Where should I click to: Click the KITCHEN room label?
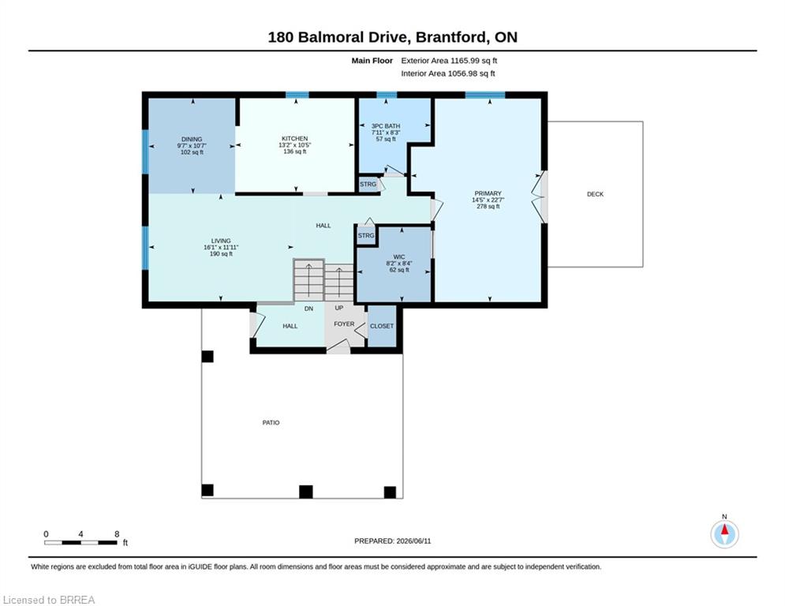pyautogui.click(x=294, y=139)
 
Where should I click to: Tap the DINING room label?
pyautogui.click(x=192, y=139)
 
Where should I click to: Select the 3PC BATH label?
pyautogui.click(x=386, y=126)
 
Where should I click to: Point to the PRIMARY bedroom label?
pyautogui.click(x=488, y=193)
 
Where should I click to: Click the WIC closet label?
pyautogui.click(x=399, y=257)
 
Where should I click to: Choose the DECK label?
pyautogui.click(x=595, y=194)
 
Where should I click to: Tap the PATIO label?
pyautogui.click(x=271, y=423)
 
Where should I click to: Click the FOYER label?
pyautogui.click(x=344, y=324)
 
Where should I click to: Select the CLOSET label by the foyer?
pyautogui.click(x=382, y=326)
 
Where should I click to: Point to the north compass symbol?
pyautogui.click(x=724, y=534)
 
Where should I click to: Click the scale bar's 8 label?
pyautogui.click(x=117, y=534)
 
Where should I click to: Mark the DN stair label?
pyautogui.click(x=308, y=309)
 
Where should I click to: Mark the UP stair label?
pyautogui.click(x=339, y=308)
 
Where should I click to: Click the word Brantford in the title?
pyautogui.click(x=451, y=37)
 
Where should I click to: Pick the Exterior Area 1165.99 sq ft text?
pyautogui.click(x=449, y=61)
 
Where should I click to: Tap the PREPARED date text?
pyautogui.click(x=393, y=541)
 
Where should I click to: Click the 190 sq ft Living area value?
pyautogui.click(x=221, y=254)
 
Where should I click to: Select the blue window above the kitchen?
pyautogui.click(x=297, y=95)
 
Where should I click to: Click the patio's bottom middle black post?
pyautogui.click(x=306, y=492)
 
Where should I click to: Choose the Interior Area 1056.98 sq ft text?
pyautogui.click(x=448, y=73)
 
